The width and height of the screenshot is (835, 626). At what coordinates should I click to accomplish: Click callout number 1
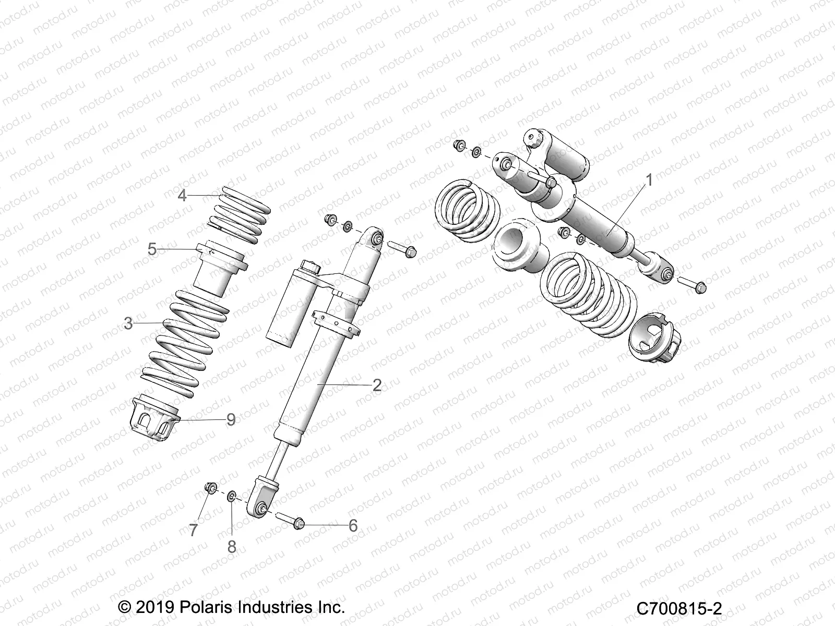[x=649, y=180]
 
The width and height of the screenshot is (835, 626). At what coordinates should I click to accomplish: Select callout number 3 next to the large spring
[x=128, y=323]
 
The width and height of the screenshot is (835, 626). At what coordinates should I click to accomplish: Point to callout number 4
[x=182, y=196]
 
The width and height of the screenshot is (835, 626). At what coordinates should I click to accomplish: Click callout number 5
[x=152, y=249]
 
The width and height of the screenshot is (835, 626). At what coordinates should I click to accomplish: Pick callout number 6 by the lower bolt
[x=353, y=526]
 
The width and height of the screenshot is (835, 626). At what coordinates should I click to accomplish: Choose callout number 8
[x=232, y=547]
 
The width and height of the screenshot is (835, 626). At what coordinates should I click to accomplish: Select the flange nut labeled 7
[x=211, y=488]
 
